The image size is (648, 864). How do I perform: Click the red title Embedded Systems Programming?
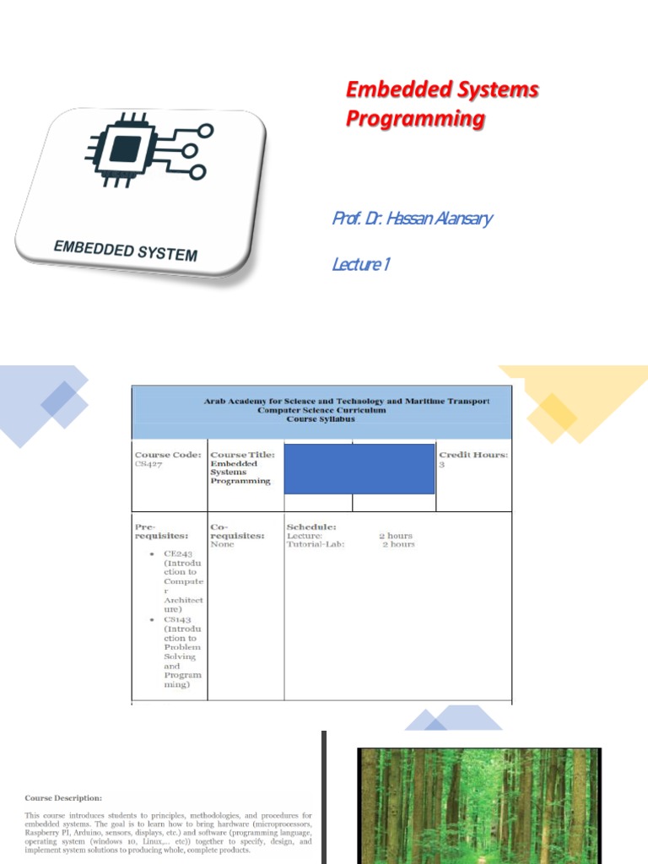click(442, 104)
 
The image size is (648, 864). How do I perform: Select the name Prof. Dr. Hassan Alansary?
click(412, 219)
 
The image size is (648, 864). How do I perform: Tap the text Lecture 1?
click(360, 265)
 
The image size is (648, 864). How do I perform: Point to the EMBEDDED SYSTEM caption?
click(125, 251)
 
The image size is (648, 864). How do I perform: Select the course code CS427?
click(147, 464)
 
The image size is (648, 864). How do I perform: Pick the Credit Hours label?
click(472, 455)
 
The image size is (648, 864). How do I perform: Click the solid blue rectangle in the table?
click(359, 468)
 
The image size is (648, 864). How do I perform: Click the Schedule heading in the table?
click(311, 526)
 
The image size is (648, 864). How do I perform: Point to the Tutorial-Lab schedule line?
click(351, 545)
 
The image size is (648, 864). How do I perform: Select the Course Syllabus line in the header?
click(321, 419)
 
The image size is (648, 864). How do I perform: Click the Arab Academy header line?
click(346, 402)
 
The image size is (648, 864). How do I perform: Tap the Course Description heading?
click(63, 797)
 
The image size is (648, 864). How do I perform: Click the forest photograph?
click(478, 805)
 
